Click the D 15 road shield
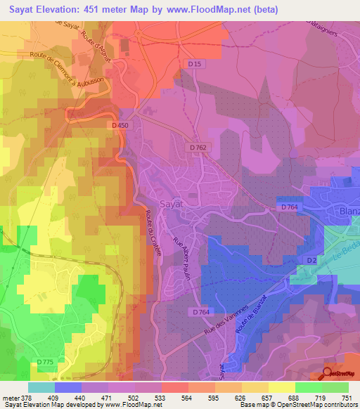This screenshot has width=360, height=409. pyautogui.click(x=195, y=65)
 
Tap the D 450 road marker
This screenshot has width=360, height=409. pyautogui.click(x=121, y=125)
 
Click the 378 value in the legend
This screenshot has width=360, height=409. pyautogui.click(x=26, y=397)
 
